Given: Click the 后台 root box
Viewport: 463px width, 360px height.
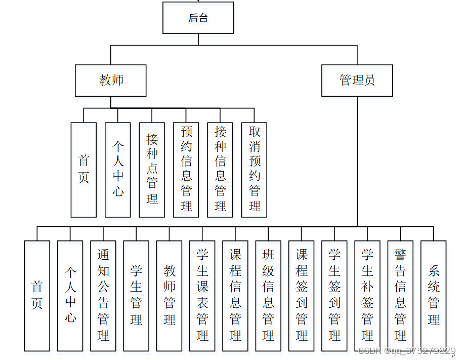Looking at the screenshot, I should (198, 18).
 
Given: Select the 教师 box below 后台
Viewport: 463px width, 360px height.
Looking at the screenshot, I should (111, 81).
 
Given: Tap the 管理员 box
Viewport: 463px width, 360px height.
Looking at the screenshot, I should (357, 81).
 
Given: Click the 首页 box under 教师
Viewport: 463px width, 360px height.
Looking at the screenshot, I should (83, 170).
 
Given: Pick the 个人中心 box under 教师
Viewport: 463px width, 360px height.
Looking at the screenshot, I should (117, 170).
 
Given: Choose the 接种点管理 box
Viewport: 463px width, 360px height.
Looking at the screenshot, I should (152, 170).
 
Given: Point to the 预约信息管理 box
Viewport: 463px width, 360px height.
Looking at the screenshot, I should (186, 170).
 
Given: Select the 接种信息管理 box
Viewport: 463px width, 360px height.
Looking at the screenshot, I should (220, 170).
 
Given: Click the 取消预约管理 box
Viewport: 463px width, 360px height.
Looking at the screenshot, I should (254, 170).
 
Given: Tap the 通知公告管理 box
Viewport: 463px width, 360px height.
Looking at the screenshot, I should (103, 296).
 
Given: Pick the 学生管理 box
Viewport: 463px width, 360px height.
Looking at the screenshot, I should (136, 296).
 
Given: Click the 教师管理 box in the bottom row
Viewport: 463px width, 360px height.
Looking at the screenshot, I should (169, 296).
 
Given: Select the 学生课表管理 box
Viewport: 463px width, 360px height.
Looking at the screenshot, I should (202, 296).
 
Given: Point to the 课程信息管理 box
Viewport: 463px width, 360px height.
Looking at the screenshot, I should (235, 296).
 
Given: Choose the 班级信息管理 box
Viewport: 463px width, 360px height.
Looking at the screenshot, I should (268, 296).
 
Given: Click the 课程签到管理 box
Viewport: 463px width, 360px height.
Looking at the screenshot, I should (302, 296).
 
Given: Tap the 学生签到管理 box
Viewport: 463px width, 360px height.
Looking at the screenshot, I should (334, 296).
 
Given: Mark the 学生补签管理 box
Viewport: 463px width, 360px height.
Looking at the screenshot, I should (367, 296).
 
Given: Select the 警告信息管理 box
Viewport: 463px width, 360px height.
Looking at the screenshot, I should (400, 296).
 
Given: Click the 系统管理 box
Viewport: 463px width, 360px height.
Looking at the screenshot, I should (434, 296).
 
